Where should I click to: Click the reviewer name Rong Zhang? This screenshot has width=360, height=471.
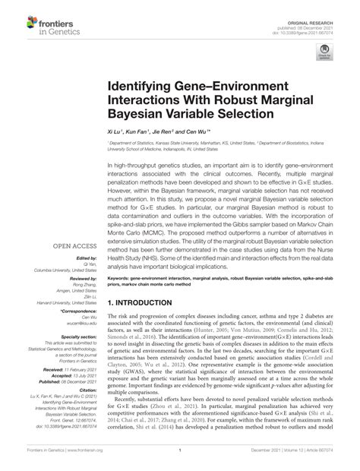(84, 285)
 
